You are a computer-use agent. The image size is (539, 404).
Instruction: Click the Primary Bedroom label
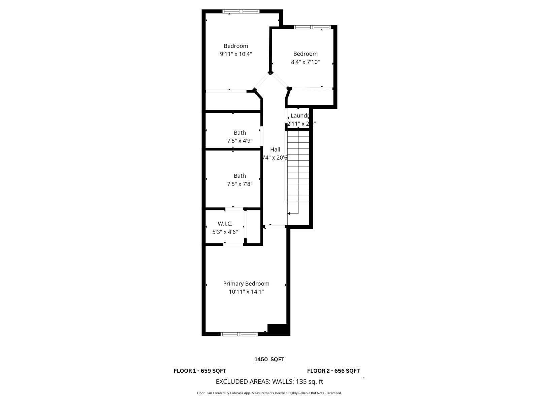point(246,284)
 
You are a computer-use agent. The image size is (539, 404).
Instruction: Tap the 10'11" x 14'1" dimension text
point(246,292)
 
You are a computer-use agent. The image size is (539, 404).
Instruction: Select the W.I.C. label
point(225,224)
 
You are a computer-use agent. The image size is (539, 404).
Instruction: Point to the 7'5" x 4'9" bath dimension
point(240,141)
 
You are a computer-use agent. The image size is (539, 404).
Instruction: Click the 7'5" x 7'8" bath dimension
point(240,184)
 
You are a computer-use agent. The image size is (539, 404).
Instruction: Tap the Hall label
point(275,150)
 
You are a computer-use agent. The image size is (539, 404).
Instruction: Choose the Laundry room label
point(299,116)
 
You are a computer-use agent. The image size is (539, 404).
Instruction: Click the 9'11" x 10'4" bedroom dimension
point(236,54)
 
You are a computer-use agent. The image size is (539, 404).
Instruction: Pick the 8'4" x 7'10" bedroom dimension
point(305,62)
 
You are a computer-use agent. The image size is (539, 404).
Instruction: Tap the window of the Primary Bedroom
point(239,334)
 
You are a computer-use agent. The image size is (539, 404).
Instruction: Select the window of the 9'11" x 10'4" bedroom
point(241,11)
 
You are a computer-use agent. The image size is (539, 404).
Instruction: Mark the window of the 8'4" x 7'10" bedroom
point(312,27)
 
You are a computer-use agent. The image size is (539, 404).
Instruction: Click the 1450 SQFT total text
point(269,360)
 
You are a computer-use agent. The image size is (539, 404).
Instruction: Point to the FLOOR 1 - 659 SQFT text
point(200,371)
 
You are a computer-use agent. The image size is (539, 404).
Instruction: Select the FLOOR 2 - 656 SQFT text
point(333,371)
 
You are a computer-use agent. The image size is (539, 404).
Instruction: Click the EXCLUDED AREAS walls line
point(269,382)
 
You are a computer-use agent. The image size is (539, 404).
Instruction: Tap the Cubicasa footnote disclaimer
point(269,393)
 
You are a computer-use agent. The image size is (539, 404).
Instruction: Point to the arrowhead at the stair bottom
point(289,213)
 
